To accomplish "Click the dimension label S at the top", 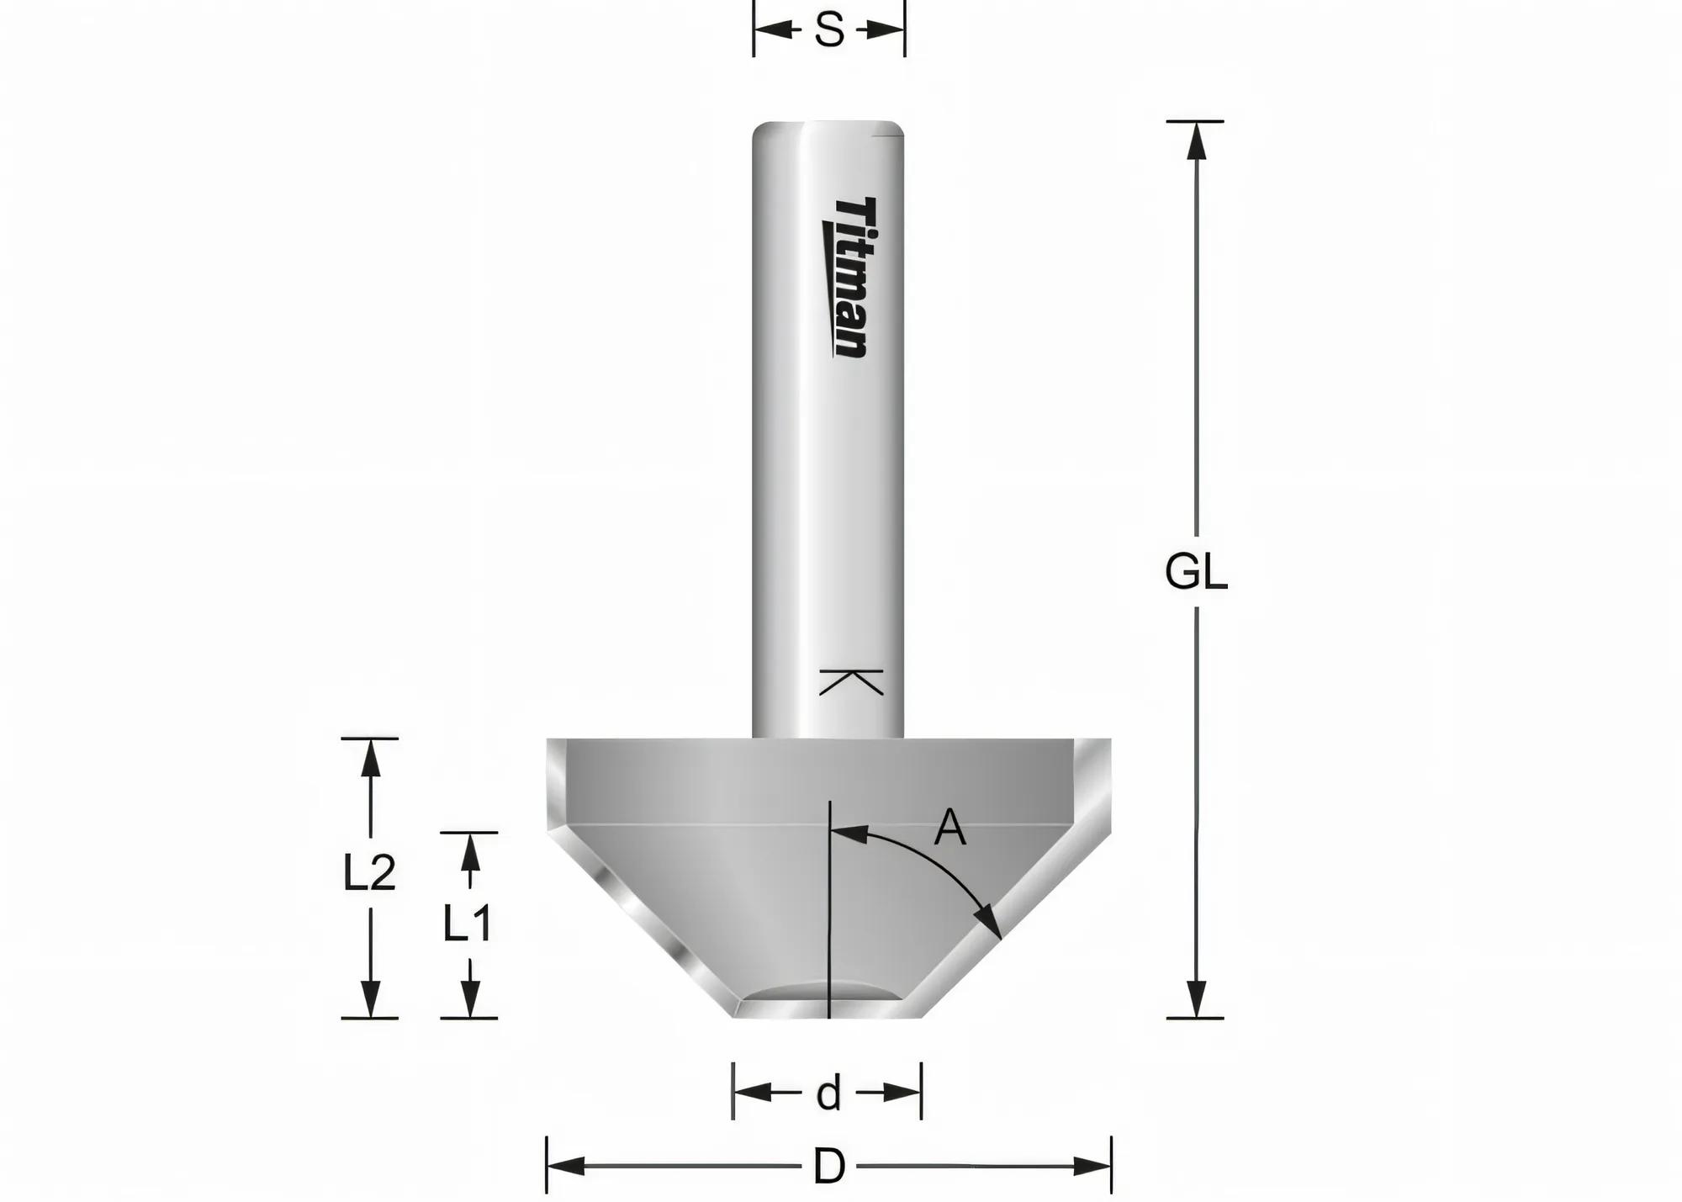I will (828, 31).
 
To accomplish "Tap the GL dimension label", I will (1195, 574).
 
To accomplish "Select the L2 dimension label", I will (368, 873).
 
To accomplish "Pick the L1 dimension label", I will (468, 924).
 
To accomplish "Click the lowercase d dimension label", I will (828, 1094).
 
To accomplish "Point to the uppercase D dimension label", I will (828, 1168).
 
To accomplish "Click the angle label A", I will (949, 828).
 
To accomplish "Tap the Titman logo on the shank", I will (845, 278).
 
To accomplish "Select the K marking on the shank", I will (850, 682).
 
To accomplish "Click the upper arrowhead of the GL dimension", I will (1195, 140).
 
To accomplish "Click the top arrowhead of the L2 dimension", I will (370, 758).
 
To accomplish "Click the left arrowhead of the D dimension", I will (565, 1167).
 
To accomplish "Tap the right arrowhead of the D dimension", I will (1092, 1167).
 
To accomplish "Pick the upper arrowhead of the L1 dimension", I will (470, 852).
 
